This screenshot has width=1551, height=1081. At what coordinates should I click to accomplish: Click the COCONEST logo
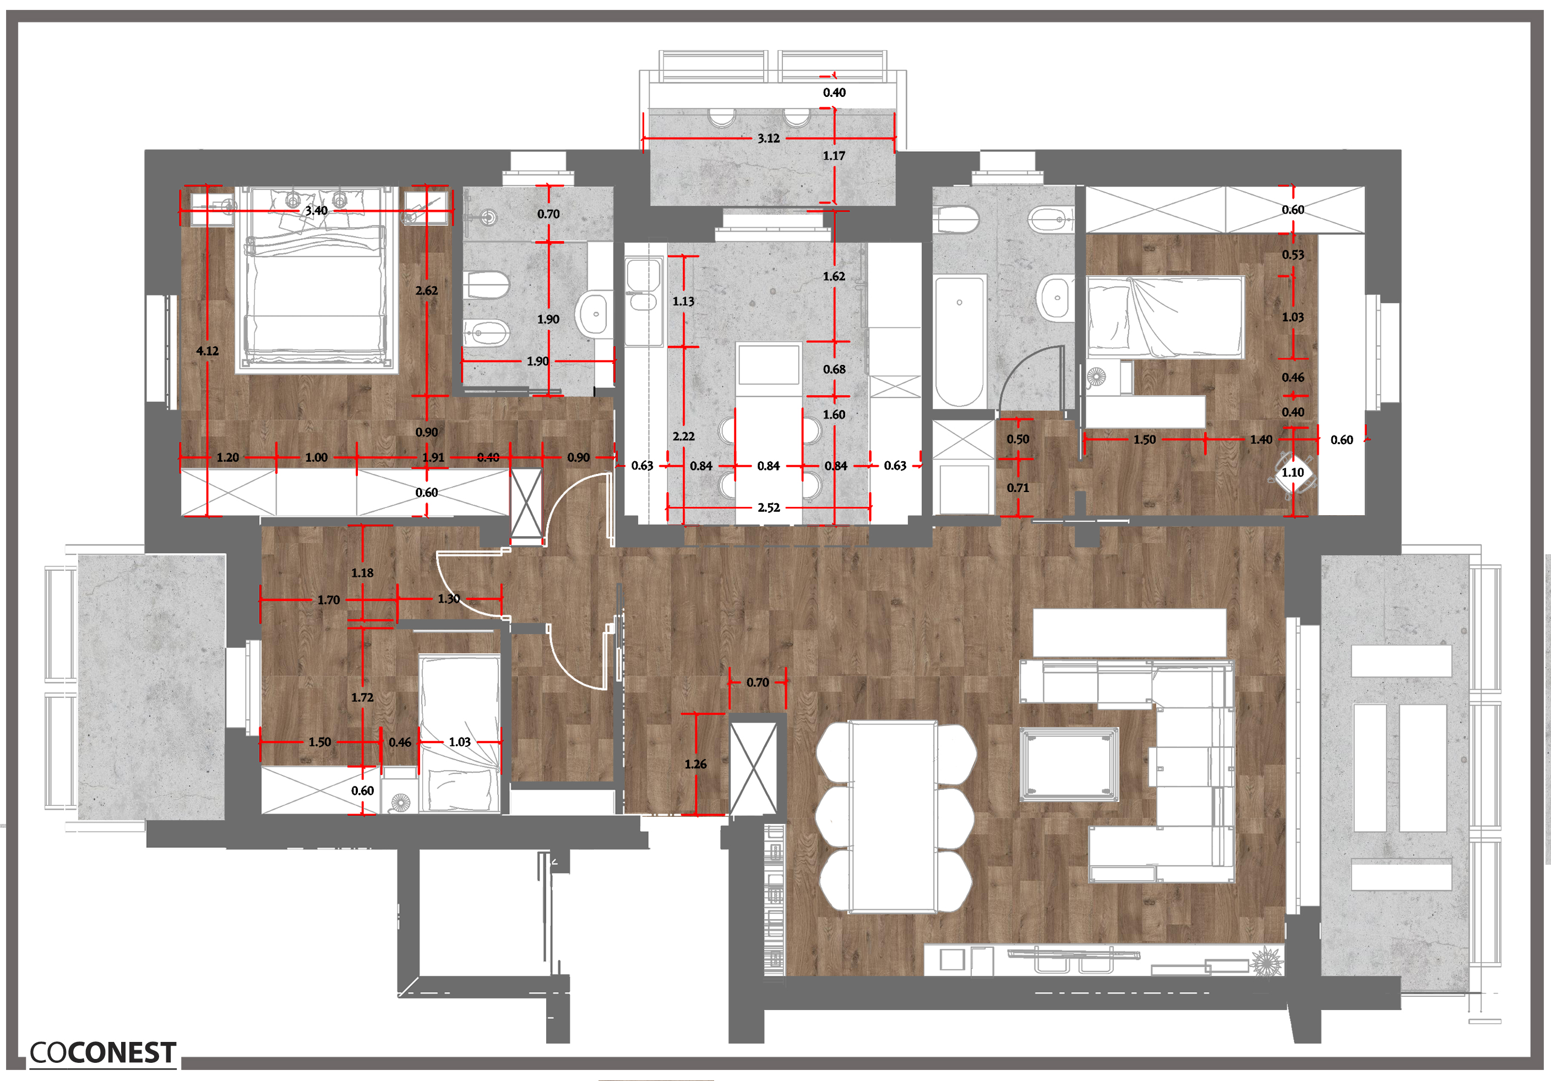(102, 1052)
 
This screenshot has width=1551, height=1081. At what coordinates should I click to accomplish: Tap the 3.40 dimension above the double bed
(316, 211)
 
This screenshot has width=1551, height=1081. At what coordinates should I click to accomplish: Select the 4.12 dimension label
(208, 351)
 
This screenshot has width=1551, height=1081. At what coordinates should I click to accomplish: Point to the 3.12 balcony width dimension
(769, 138)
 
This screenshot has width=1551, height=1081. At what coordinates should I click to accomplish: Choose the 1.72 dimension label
(362, 697)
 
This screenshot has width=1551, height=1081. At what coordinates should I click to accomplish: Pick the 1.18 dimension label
(362, 573)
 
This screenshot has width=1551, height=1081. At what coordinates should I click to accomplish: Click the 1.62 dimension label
(834, 276)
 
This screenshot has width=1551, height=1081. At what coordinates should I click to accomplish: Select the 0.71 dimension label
(1018, 488)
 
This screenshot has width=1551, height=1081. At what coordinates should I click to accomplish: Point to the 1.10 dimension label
(1293, 473)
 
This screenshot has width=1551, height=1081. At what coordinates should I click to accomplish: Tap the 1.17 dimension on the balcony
(834, 156)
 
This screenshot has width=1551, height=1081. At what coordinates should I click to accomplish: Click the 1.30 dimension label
(449, 599)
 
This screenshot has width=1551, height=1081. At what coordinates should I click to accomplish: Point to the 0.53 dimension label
(1293, 254)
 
